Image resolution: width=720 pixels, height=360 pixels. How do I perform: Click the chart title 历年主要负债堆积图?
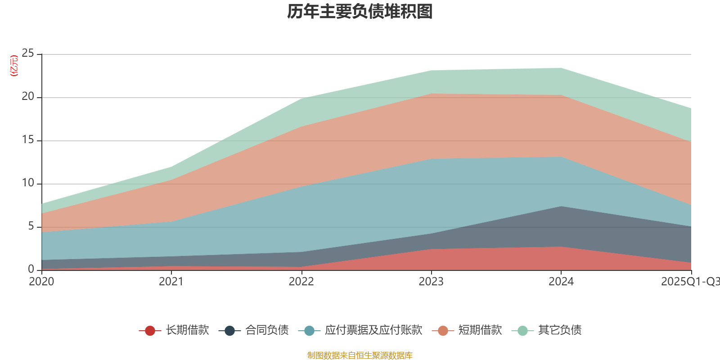click(360, 12)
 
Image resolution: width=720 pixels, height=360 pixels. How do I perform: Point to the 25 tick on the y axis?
click(28, 54)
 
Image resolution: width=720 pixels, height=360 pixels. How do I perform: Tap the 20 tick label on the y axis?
click(28, 97)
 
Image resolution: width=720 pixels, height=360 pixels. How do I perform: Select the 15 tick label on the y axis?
click(28, 140)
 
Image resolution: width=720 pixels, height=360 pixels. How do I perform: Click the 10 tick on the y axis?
click(28, 183)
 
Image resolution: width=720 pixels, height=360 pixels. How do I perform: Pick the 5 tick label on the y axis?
click(31, 226)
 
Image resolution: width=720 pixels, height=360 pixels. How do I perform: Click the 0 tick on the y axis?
click(31, 270)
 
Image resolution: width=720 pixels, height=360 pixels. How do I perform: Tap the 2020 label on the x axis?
click(41, 282)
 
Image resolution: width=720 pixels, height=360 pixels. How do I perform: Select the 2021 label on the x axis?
click(171, 282)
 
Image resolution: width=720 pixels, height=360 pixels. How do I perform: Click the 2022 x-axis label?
click(301, 282)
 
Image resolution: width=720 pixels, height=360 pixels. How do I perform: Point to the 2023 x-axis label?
click(431, 282)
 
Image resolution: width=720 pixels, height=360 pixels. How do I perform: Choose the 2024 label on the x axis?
click(561, 282)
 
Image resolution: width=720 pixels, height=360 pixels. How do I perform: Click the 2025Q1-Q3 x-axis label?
click(690, 282)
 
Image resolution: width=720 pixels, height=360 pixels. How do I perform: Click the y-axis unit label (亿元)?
click(14, 66)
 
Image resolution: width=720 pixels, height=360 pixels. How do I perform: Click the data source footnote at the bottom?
click(360, 355)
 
